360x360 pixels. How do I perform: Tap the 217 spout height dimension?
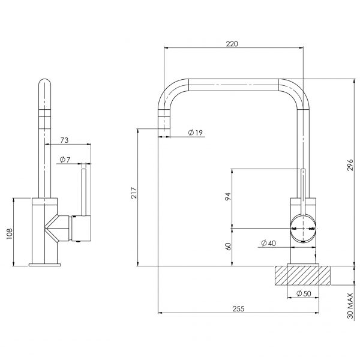(135, 193)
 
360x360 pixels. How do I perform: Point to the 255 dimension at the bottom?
(238, 308)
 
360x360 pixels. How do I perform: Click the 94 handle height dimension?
(229, 197)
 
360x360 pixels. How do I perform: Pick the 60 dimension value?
(229, 247)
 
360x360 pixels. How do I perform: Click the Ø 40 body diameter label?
(269, 243)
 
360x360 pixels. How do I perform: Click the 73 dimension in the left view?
(65, 140)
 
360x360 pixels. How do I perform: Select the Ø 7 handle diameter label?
(65, 159)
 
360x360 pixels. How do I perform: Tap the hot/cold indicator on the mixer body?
(303, 229)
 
